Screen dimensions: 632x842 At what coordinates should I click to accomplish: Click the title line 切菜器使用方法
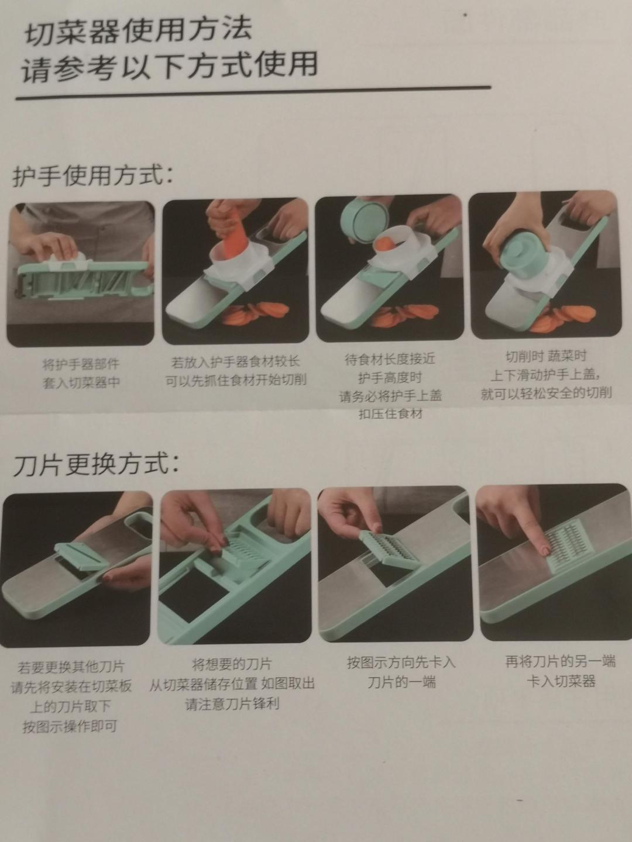coord(139,30)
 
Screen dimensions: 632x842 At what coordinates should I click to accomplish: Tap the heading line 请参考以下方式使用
coord(169,66)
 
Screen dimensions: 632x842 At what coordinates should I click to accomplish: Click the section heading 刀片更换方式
coord(96,465)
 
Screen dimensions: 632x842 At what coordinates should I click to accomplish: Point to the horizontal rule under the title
coord(253,93)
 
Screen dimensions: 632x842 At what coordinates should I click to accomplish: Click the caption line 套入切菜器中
coord(81,382)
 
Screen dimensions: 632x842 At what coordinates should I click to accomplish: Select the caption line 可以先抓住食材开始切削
coord(236,380)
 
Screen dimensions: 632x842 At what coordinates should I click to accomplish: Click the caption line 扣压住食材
coord(390,414)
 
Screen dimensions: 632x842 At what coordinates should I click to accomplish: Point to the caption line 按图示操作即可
coord(70,726)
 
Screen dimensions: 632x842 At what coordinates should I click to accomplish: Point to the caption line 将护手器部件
coord(81,364)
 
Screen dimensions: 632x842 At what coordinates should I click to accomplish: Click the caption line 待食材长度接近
coord(390,360)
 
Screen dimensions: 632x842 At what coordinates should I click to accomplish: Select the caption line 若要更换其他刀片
coord(71,667)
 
